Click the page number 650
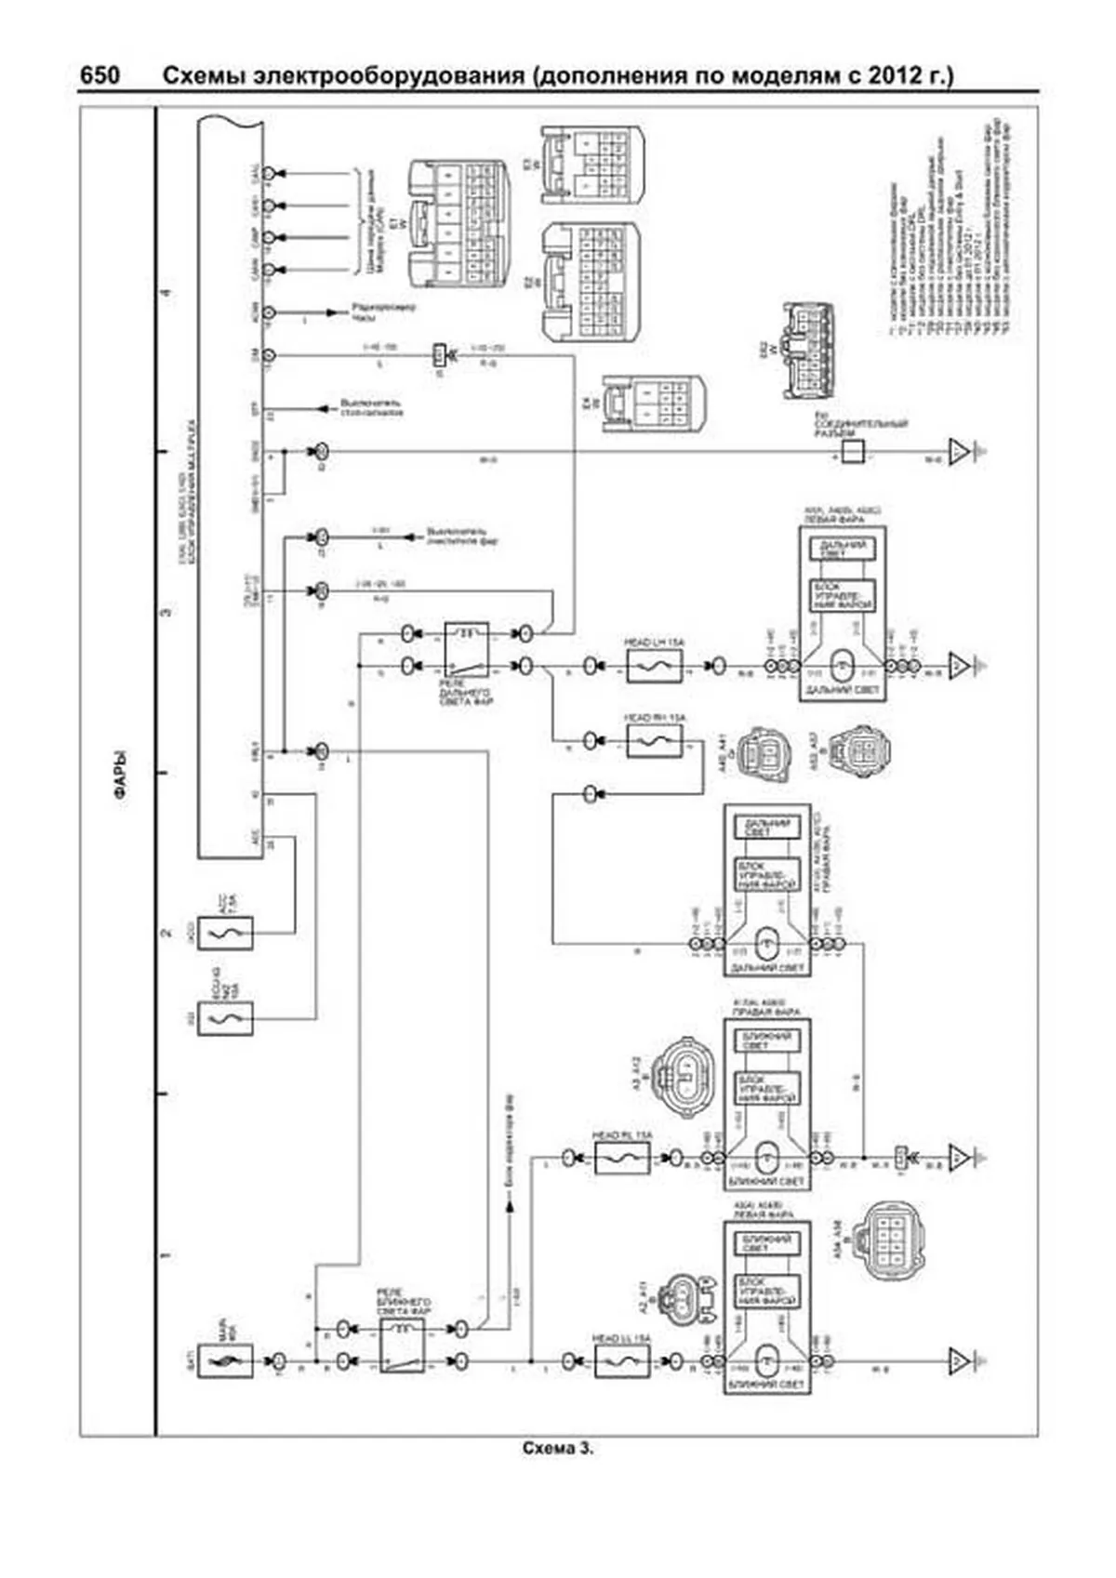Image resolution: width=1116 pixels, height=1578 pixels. point(100,75)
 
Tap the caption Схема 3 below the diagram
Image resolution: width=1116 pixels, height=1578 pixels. point(557,1449)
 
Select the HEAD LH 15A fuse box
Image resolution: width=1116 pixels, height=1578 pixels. point(654,666)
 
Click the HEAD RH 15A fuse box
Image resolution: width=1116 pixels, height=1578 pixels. point(654,741)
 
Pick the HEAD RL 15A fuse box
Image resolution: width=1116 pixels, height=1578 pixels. point(622,1158)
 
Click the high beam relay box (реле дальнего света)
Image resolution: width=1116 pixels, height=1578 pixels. point(467,649)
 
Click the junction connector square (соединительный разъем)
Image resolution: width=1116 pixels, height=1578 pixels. point(853,452)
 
